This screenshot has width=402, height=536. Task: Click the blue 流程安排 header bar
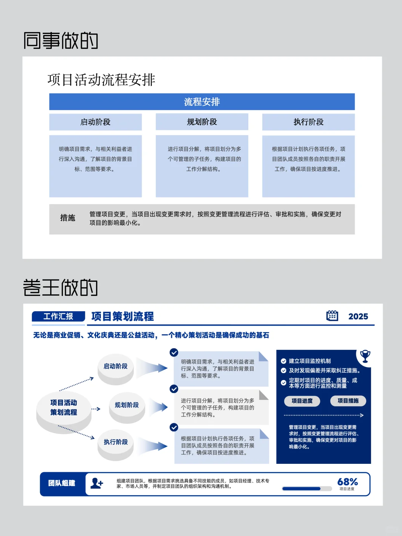click(202, 102)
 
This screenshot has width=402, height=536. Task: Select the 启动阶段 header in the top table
click(95, 122)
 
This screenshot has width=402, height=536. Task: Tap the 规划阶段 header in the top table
click(202, 122)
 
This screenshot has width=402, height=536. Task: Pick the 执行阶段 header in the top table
click(308, 122)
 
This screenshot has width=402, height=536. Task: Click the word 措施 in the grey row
click(68, 218)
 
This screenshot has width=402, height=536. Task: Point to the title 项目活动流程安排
click(101, 80)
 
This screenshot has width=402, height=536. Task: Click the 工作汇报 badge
click(58, 316)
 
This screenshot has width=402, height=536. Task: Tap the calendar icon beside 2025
click(332, 316)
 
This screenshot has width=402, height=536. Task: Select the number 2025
click(358, 316)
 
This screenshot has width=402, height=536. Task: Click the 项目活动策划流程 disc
click(64, 408)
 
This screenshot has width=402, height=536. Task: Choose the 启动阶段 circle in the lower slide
click(116, 366)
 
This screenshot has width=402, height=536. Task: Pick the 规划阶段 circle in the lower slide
click(127, 405)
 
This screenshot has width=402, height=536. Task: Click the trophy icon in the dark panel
click(365, 356)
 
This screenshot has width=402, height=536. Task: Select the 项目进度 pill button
click(302, 401)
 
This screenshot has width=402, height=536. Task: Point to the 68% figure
click(347, 482)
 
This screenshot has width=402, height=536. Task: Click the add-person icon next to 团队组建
click(97, 483)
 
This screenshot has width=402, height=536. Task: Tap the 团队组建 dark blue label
click(62, 483)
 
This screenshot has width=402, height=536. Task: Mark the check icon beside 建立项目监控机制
click(284, 361)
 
